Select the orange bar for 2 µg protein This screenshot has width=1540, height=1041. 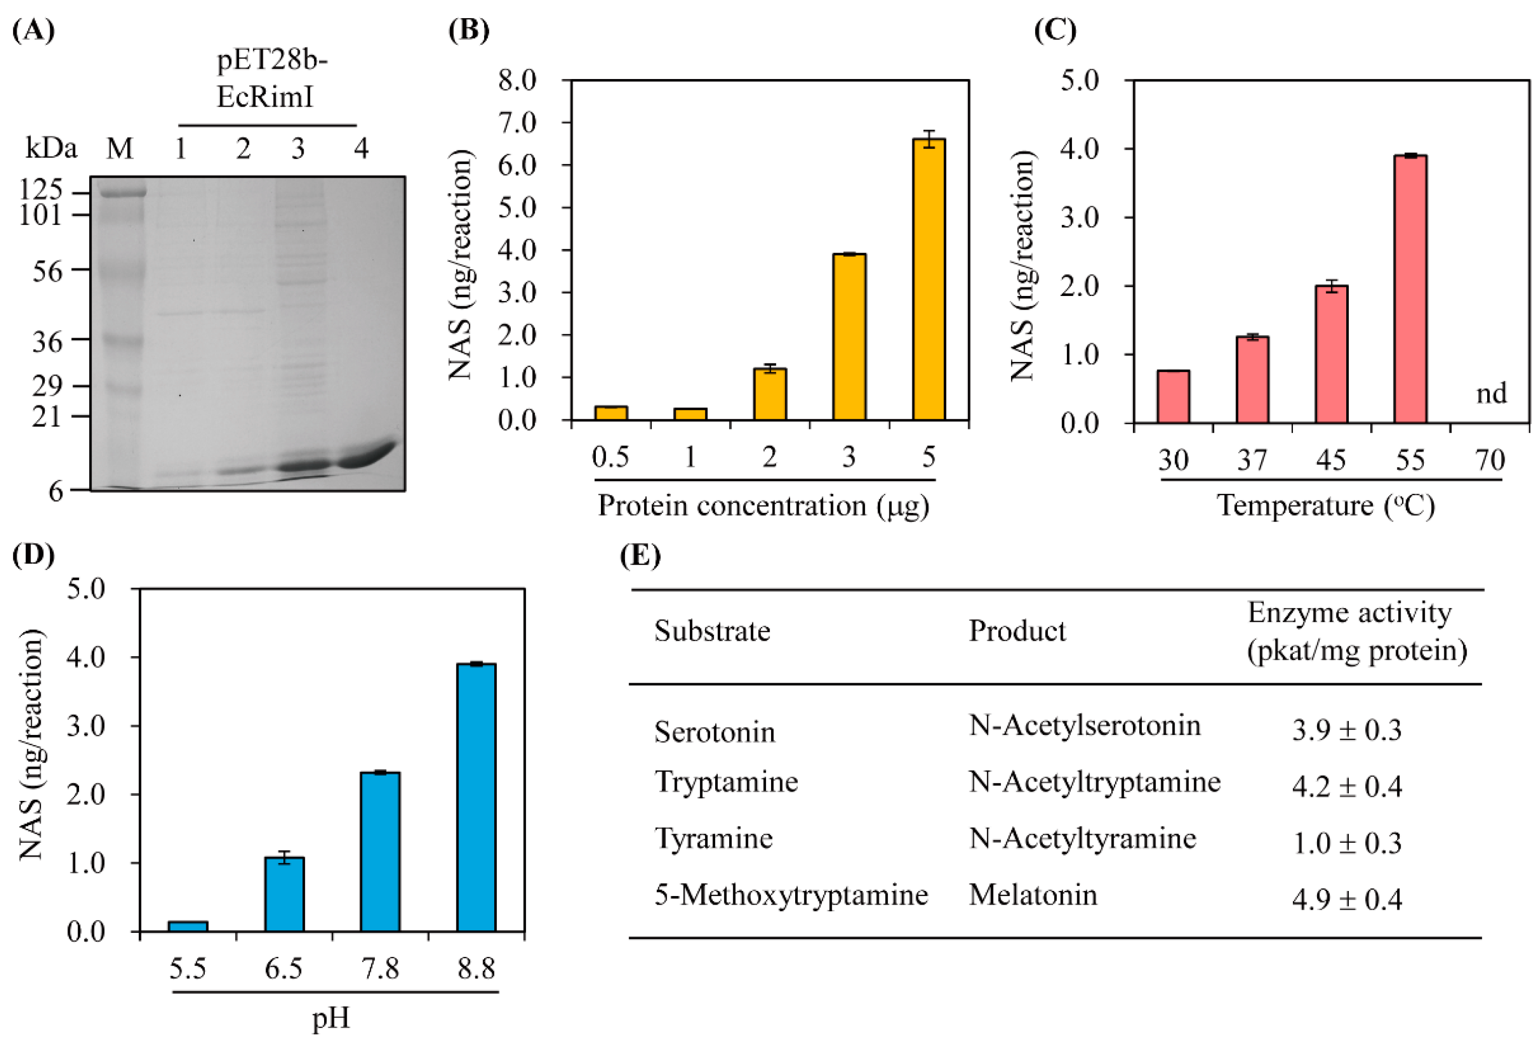tap(769, 394)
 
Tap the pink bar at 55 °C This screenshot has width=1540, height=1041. tap(1410, 289)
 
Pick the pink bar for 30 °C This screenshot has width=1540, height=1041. tap(1173, 396)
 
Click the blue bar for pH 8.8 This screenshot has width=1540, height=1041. tap(476, 797)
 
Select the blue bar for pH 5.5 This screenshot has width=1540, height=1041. tap(188, 926)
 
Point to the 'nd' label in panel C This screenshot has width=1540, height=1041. tap(1491, 393)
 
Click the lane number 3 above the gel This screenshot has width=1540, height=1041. tap(298, 149)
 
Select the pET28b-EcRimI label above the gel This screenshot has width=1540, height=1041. tap(272, 79)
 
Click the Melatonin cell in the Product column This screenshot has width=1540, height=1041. tap(1032, 895)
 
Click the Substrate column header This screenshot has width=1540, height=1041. tap(712, 631)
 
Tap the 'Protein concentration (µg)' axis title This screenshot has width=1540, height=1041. tap(763, 505)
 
